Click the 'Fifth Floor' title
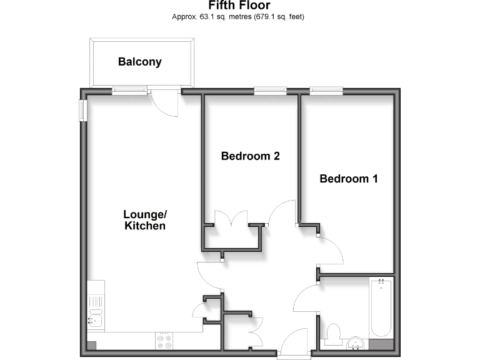(239, 6)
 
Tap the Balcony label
(140, 62)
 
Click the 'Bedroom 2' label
(250, 156)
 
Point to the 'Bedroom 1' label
(349, 179)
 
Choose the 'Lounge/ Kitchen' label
(144, 219)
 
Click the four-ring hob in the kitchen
(165, 341)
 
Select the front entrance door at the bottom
(293, 344)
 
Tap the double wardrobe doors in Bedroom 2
(232, 219)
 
